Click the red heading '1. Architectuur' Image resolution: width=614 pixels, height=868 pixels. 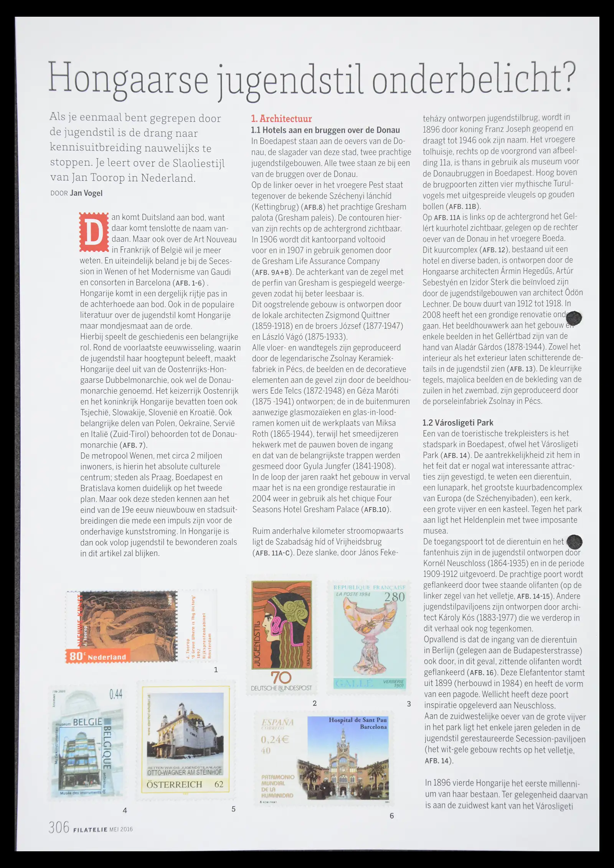coord(281,119)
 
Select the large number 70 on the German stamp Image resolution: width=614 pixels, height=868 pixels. coord(281,677)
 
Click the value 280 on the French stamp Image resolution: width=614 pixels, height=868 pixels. coord(394,597)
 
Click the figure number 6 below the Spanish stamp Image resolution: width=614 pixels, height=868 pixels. coord(391,815)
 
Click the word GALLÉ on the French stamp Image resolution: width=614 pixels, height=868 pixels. coord(354,683)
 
